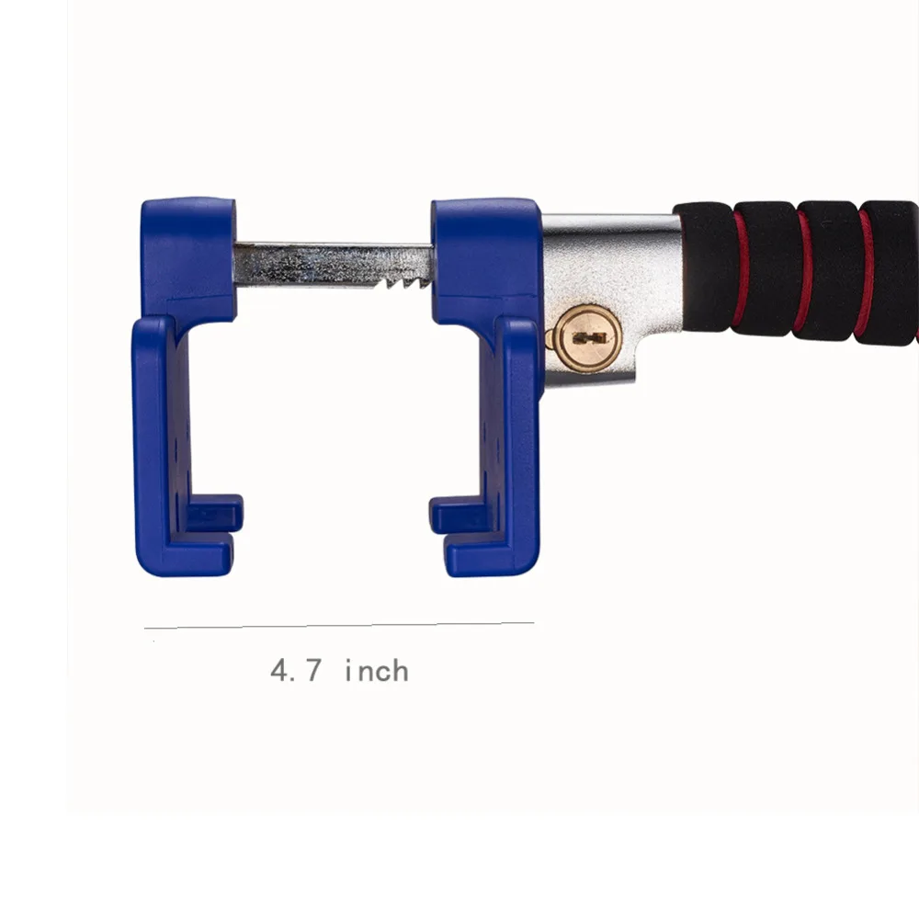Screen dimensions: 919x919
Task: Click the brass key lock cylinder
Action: click(588, 338)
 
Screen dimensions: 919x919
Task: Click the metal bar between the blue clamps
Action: click(334, 266)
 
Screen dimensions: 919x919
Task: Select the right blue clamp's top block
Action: click(485, 259)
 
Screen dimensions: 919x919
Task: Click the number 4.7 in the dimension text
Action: click(296, 671)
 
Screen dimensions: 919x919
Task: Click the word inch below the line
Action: click(377, 671)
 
